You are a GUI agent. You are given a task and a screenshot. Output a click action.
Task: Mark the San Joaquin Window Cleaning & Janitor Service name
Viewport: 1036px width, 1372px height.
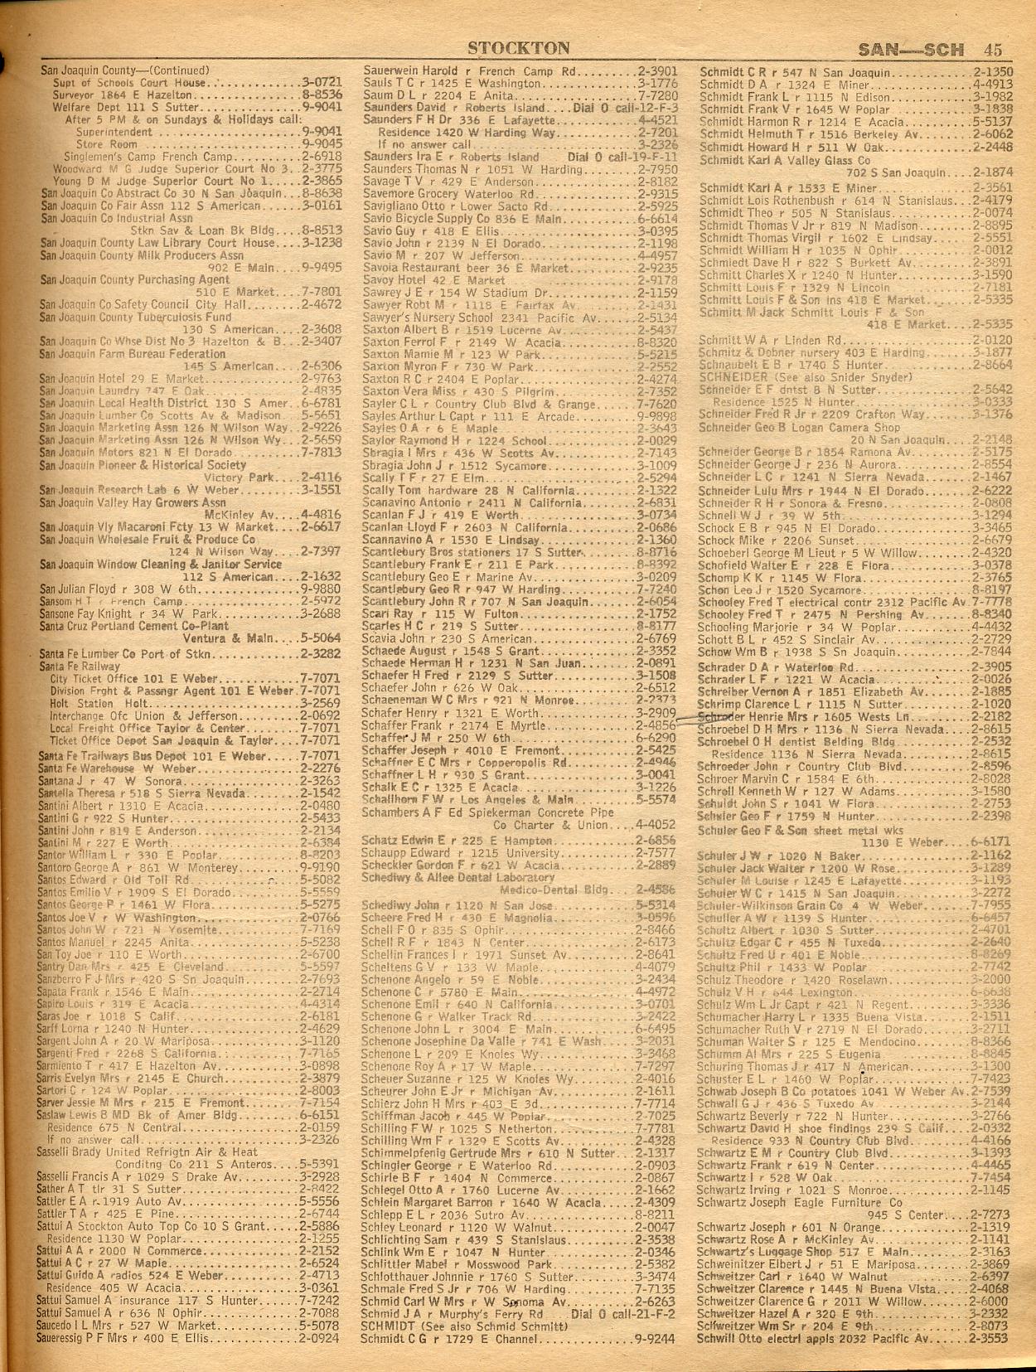coord(161,565)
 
